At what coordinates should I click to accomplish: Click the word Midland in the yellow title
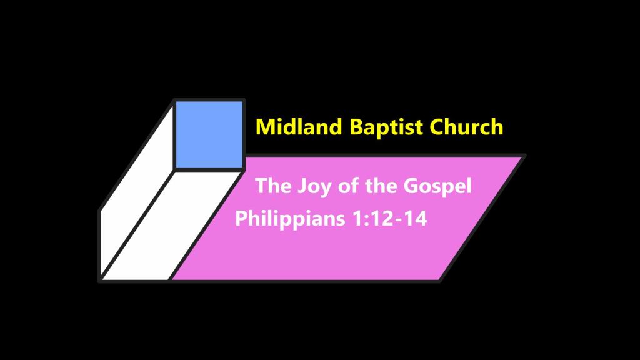[x=299, y=126]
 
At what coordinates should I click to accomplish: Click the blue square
[x=209, y=135]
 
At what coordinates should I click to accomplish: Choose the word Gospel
[x=437, y=187]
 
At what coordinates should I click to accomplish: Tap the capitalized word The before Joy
[x=273, y=186]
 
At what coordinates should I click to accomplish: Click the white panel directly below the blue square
[x=171, y=225]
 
